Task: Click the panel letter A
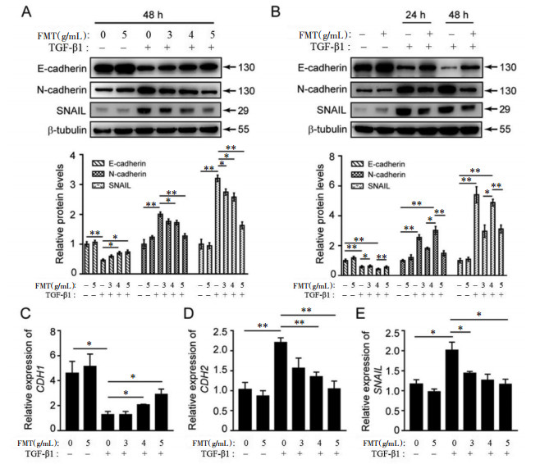point(26,12)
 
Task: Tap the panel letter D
point(189,313)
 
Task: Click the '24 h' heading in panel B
point(415,15)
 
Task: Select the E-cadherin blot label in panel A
point(62,68)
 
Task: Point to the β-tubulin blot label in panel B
point(327,130)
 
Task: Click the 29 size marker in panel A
point(243,111)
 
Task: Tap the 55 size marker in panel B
point(505,130)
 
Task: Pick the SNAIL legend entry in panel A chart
point(112,185)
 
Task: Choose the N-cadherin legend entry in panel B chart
point(378,175)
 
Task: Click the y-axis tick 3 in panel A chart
point(73,184)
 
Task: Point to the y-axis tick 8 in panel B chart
point(332,157)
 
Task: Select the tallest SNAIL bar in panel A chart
point(217,225)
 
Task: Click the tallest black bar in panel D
point(281,385)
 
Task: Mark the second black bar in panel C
point(90,398)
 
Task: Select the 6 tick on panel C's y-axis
point(53,356)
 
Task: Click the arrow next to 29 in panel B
point(491,109)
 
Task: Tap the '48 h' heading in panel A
point(153,15)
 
